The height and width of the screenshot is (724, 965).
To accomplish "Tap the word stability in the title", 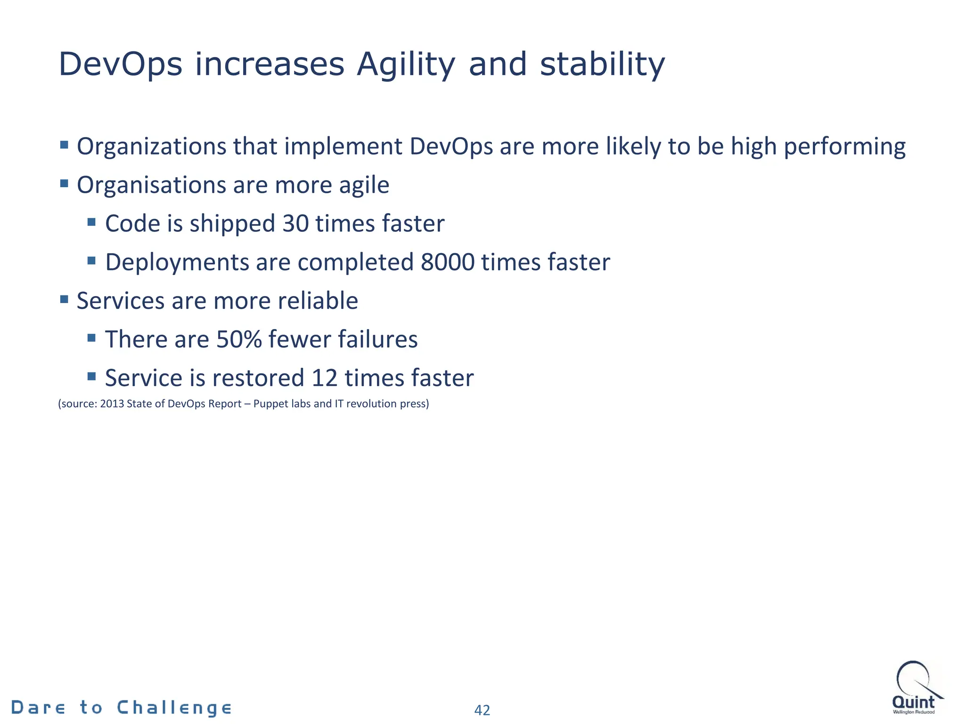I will [602, 64].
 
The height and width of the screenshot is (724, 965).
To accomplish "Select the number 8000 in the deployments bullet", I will [447, 262].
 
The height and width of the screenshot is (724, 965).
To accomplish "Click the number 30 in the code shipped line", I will [295, 223].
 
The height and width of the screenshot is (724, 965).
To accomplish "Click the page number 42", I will [482, 710].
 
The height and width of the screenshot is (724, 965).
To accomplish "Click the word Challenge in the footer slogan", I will [174, 708].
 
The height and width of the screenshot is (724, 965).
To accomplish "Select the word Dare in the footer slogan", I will [38, 708].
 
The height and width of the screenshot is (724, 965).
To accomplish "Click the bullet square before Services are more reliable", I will [65, 299].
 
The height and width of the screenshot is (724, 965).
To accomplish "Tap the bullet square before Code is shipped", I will [92, 222].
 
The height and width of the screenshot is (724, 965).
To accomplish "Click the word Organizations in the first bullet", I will [152, 147].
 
